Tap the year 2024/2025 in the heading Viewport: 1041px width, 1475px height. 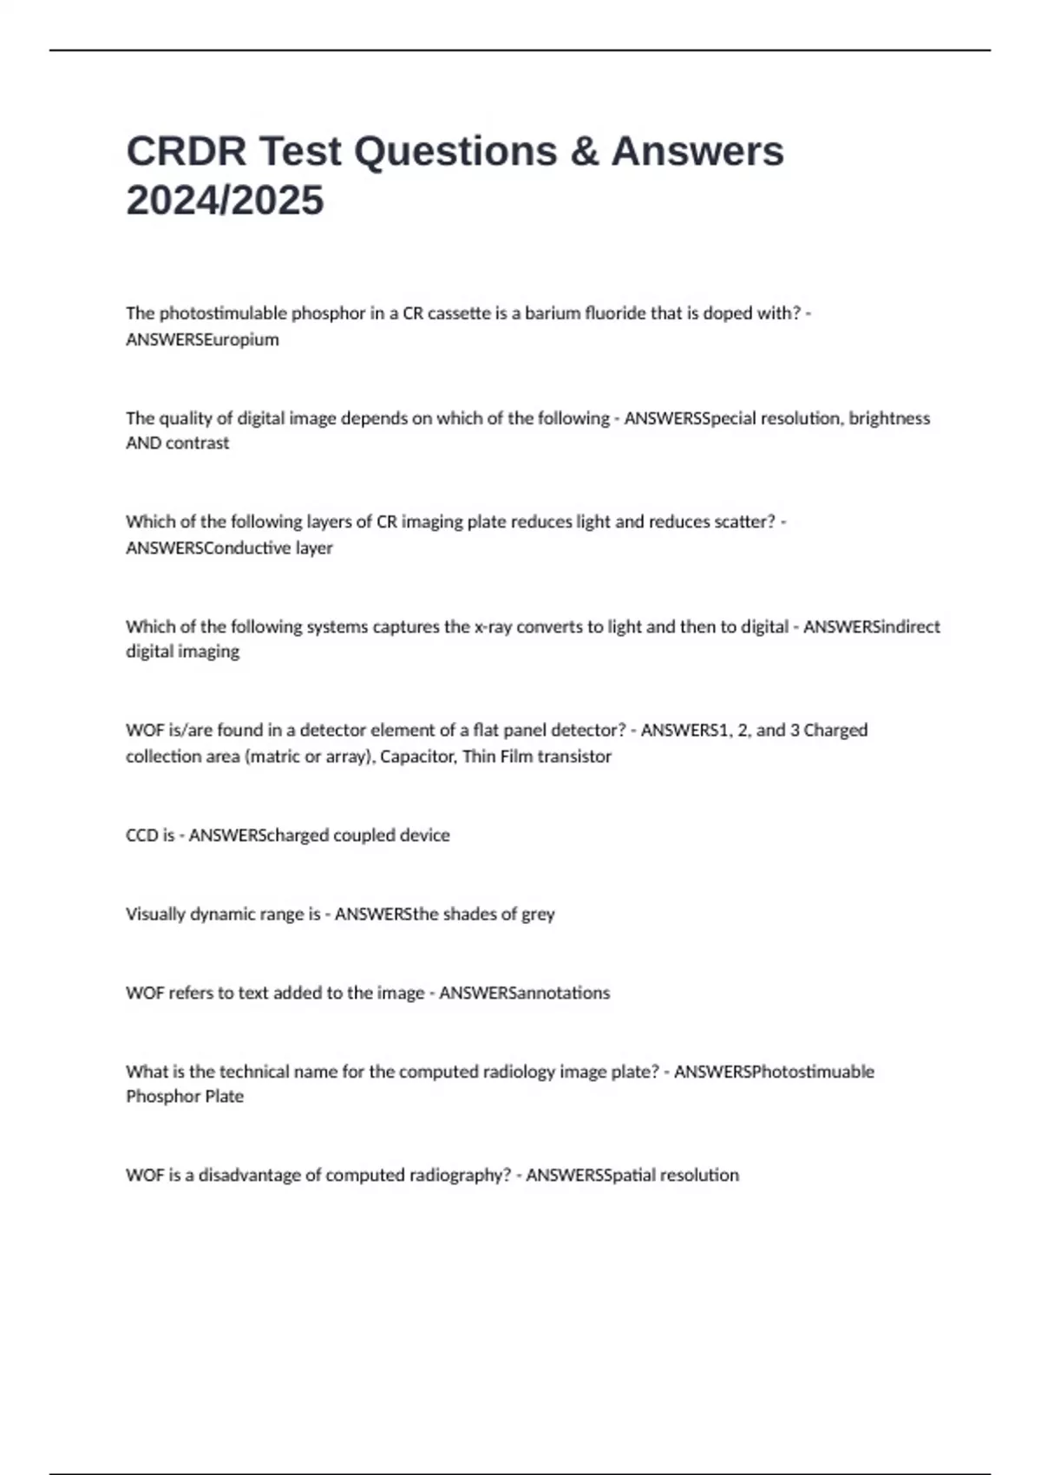tap(225, 200)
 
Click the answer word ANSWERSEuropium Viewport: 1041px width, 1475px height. tap(202, 339)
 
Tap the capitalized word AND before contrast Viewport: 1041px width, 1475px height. tap(143, 442)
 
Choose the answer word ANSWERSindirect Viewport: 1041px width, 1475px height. tap(871, 626)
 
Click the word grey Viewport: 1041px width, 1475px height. tap(538, 914)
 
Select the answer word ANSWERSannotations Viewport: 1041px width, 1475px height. tap(524, 993)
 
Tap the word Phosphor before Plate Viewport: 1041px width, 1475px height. tap(161, 1096)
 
